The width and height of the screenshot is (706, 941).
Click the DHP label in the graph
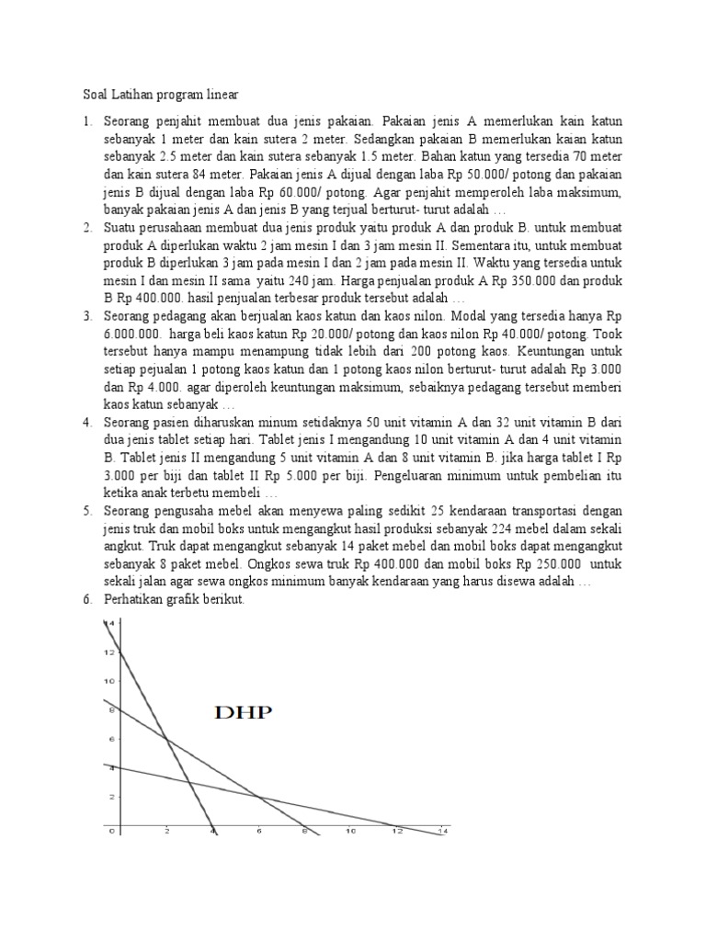click(x=244, y=713)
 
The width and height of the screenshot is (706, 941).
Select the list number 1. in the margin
click(x=87, y=120)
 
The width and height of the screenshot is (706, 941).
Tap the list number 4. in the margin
click(x=87, y=423)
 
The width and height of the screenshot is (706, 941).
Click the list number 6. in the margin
click(x=87, y=599)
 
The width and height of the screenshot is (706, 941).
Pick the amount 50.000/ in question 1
click(x=518, y=176)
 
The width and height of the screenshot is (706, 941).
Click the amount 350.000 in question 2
click(x=538, y=281)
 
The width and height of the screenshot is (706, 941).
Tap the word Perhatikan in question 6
click(x=137, y=599)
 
